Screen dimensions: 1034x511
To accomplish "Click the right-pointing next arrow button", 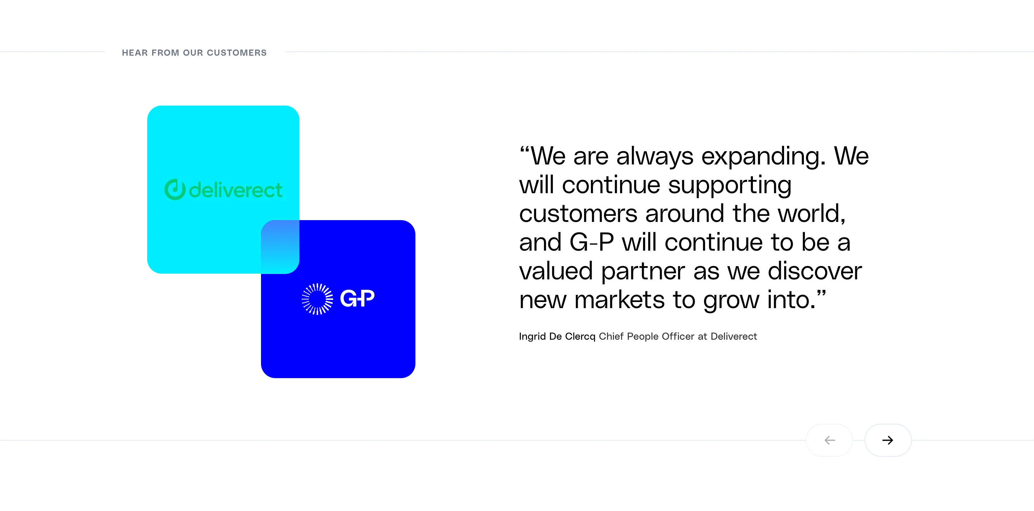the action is (x=888, y=440).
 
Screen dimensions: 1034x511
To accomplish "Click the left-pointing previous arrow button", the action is (x=829, y=440).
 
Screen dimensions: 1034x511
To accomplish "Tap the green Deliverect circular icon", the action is (x=175, y=190).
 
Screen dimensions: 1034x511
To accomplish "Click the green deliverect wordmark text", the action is (x=236, y=190).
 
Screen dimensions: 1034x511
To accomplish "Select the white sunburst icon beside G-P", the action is (x=317, y=299).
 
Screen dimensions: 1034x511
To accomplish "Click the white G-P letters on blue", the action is (x=357, y=298).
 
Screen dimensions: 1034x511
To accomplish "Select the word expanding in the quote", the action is (x=763, y=157).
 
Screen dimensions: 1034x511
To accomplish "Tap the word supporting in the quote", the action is (x=730, y=185).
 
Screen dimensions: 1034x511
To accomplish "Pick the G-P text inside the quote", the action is (x=592, y=242).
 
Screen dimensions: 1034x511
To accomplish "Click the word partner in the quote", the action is (x=643, y=271).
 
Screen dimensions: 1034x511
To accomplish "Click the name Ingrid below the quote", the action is (x=532, y=336).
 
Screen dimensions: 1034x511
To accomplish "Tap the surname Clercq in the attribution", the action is (x=580, y=336).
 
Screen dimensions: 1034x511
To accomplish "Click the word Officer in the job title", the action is (x=678, y=336).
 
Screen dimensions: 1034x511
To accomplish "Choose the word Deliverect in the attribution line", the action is (x=734, y=336).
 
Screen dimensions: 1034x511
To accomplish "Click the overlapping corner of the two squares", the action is (x=280, y=247).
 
